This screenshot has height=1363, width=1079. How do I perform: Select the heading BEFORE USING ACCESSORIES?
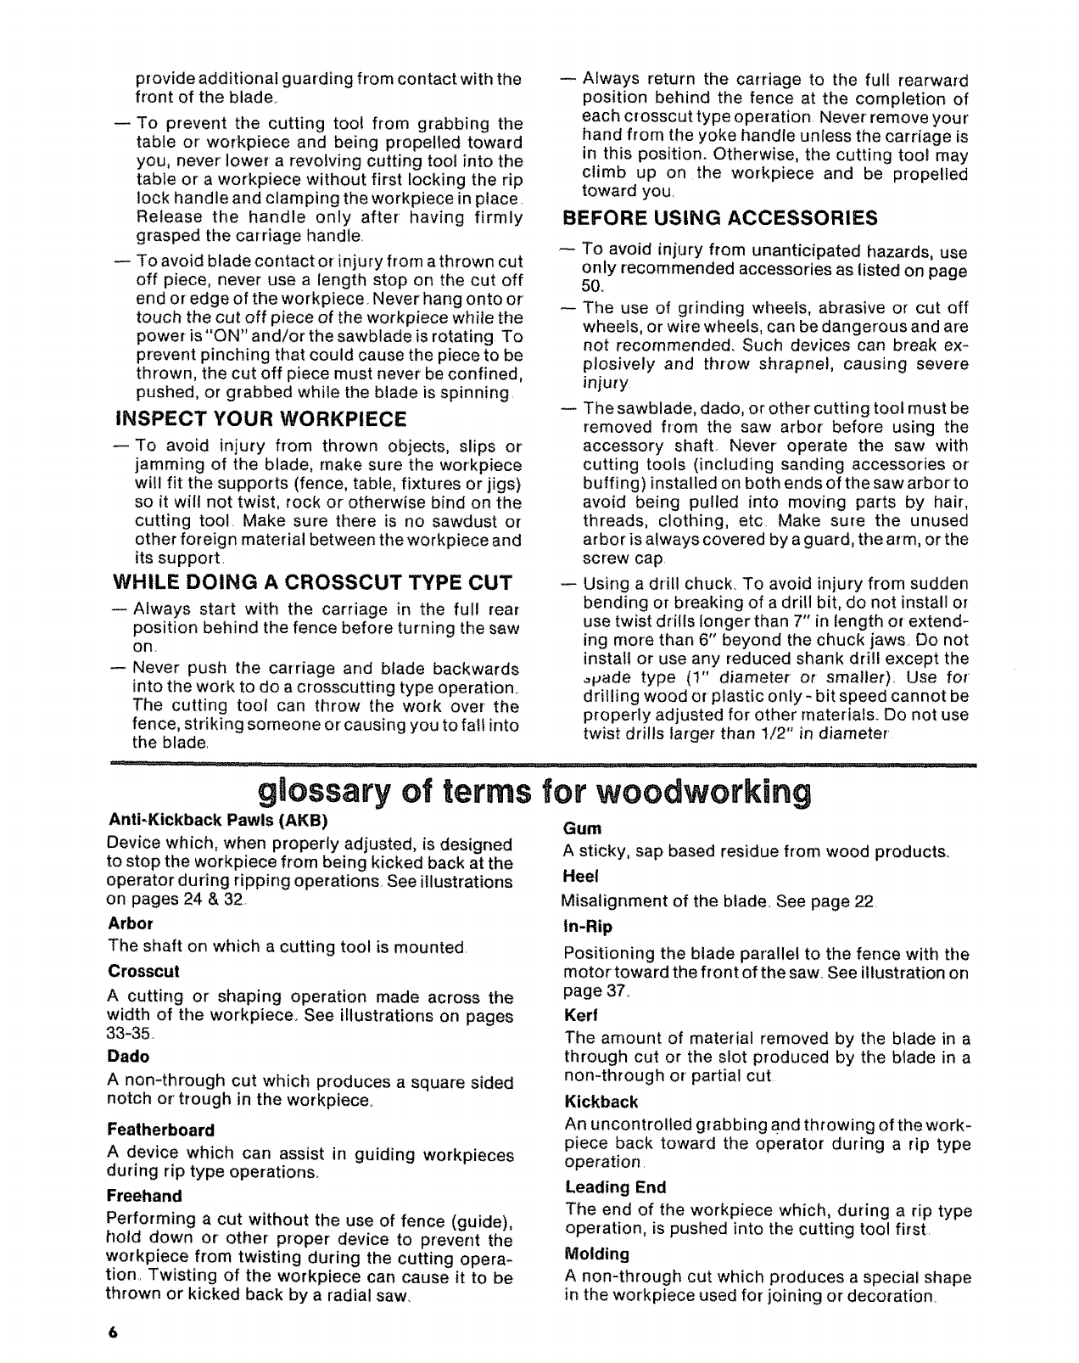point(720,219)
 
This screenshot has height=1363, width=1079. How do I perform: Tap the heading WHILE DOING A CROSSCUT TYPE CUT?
point(312,583)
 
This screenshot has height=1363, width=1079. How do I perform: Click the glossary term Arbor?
point(130,923)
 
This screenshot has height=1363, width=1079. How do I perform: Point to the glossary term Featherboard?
point(160,1130)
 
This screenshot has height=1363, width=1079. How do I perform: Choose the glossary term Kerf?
point(579,1015)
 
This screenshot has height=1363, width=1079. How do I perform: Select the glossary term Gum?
point(582,827)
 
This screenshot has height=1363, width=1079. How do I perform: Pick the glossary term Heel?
point(581,875)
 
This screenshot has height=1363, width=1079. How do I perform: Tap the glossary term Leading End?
point(615,1186)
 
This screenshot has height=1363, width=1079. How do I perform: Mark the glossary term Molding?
point(596,1254)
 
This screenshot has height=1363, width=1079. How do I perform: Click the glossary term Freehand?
point(144,1196)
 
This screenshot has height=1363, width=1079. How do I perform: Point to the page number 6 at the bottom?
point(112,1332)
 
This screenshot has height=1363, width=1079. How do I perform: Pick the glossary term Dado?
point(128,1057)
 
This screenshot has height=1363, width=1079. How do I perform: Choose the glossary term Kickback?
point(601,1102)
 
